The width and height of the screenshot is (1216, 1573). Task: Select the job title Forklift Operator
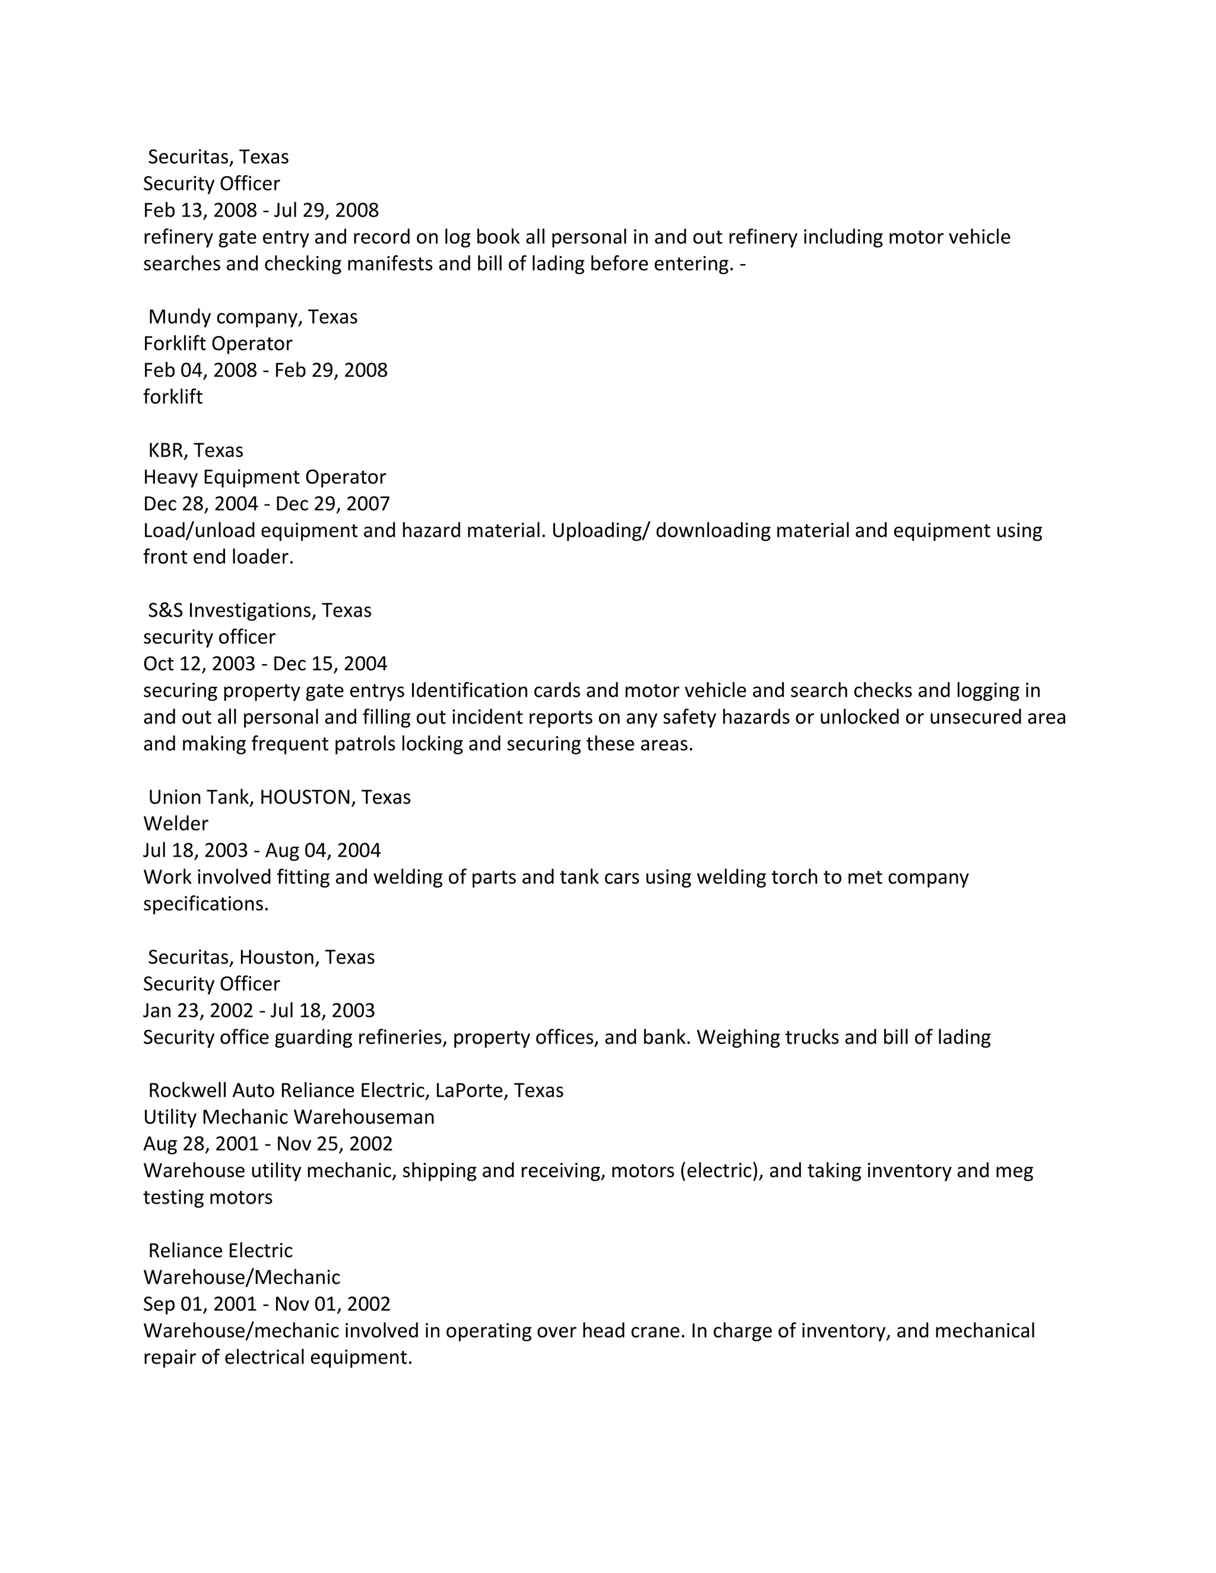pos(217,344)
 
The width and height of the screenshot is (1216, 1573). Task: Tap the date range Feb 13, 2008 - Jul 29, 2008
pos(261,210)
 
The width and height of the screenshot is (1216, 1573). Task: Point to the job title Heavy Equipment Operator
pos(264,477)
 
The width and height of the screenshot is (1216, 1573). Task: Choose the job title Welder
pos(176,824)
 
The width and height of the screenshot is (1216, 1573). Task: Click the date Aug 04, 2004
pos(323,851)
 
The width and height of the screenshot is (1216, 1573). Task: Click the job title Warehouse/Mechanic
pos(241,1277)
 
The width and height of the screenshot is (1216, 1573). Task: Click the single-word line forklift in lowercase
pos(173,397)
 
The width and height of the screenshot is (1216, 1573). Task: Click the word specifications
pos(205,904)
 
